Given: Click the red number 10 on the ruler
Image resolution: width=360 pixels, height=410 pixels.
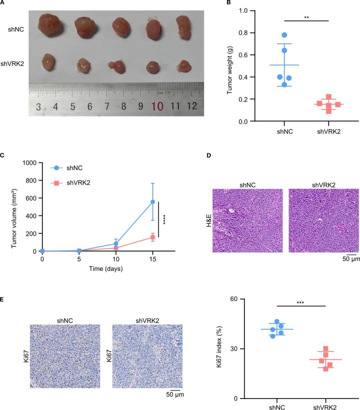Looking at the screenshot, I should [157, 106].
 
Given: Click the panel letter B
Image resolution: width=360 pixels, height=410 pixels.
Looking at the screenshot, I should [229, 3].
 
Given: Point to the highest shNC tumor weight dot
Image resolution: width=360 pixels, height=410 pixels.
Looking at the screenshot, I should [284, 35].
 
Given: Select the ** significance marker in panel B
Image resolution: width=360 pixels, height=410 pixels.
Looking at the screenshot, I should [306, 17].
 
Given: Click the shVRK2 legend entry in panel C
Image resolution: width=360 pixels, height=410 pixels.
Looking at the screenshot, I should [78, 182].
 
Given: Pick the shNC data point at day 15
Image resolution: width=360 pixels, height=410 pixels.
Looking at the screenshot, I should [153, 202].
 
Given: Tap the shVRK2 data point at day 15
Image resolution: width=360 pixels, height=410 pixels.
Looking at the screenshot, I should [153, 238].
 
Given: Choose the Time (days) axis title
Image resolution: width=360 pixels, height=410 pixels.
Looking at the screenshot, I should [106, 269].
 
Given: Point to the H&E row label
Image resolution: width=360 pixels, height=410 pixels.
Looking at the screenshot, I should [209, 221].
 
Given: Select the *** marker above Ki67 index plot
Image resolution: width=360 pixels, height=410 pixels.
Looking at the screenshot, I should [300, 303].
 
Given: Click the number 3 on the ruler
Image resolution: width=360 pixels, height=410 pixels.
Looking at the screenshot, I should [39, 107].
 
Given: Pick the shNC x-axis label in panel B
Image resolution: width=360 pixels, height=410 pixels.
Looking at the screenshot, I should [285, 131].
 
